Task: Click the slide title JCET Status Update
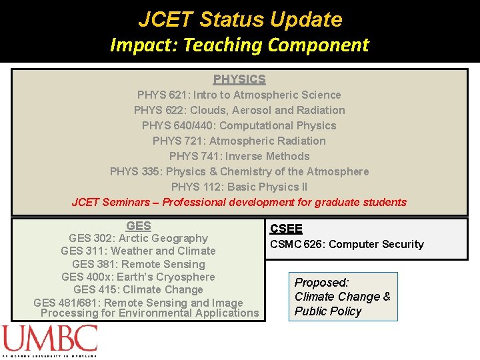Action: click(240, 19)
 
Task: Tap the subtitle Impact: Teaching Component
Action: click(239, 45)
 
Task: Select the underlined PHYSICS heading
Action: click(239, 79)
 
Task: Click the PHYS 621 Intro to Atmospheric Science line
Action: click(239, 95)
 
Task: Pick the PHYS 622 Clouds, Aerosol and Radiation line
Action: click(239, 110)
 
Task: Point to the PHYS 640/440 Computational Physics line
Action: click(239, 125)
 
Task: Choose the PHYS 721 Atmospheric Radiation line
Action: click(239, 141)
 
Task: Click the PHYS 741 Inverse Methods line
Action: click(239, 156)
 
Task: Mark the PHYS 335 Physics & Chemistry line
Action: click(239, 171)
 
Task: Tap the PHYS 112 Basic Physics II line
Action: click(239, 187)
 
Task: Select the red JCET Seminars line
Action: click(239, 202)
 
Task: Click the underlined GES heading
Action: click(138, 226)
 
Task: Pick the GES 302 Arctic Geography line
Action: click(138, 238)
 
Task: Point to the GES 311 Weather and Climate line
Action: click(138, 251)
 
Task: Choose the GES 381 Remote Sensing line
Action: click(138, 264)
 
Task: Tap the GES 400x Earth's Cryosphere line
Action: click(138, 277)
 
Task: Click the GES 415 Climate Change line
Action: click(138, 289)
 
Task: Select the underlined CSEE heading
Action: click(286, 229)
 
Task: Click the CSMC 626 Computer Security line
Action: click(347, 244)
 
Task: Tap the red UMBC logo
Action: click(49, 340)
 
